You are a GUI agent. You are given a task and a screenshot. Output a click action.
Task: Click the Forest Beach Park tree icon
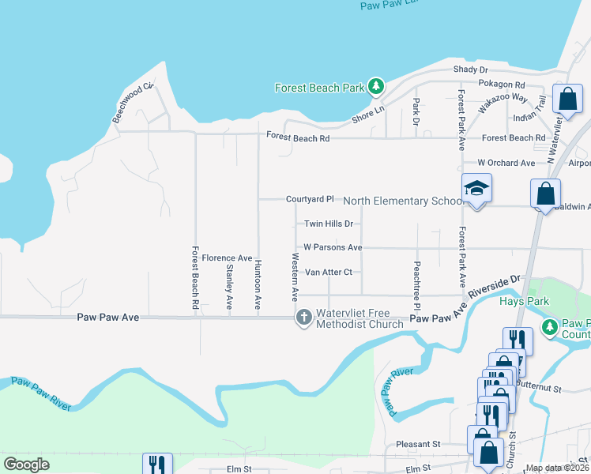(377, 86)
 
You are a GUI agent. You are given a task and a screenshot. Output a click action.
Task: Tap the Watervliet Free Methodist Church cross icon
(303, 318)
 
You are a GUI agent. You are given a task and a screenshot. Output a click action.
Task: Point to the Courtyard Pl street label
(311, 200)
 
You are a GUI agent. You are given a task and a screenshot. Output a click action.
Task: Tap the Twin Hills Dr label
(328, 224)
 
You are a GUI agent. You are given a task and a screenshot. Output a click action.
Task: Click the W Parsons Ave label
(333, 247)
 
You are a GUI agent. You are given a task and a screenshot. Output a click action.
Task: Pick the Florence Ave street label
(227, 258)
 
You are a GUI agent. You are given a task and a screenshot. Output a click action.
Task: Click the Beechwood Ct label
(131, 103)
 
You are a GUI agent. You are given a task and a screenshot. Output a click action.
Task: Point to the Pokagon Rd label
(502, 84)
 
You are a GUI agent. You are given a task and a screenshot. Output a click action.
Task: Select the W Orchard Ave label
(506, 163)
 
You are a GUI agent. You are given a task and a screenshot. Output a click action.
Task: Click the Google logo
(26, 465)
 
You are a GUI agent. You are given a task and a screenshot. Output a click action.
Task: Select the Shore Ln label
(367, 115)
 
